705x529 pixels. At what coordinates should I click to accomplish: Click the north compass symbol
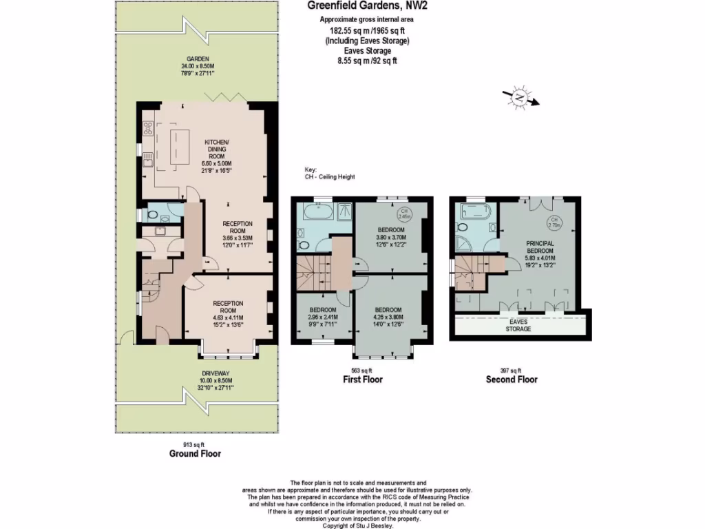(x=520, y=98)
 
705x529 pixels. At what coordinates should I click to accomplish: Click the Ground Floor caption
(x=195, y=454)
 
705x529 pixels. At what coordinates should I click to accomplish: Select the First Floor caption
(x=363, y=380)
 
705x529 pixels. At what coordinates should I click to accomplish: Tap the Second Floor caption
(x=512, y=380)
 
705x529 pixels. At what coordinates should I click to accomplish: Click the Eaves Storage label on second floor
(x=518, y=325)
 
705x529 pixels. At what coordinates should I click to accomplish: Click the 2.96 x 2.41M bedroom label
(x=322, y=318)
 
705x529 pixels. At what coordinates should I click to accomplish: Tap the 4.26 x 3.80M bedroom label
(x=388, y=318)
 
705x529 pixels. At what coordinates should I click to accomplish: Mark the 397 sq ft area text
(x=512, y=371)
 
